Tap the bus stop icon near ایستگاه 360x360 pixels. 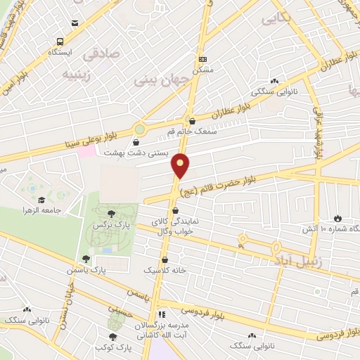pos(59,42)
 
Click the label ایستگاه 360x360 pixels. pos(59,53)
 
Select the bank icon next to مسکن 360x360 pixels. pos(202,60)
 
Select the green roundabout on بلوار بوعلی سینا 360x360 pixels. pos(140,130)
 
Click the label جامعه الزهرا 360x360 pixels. pos(43,210)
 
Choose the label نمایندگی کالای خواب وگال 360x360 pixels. pos(176,225)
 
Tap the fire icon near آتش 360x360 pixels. pos(337,219)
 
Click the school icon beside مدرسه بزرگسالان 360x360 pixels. pos(162,315)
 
